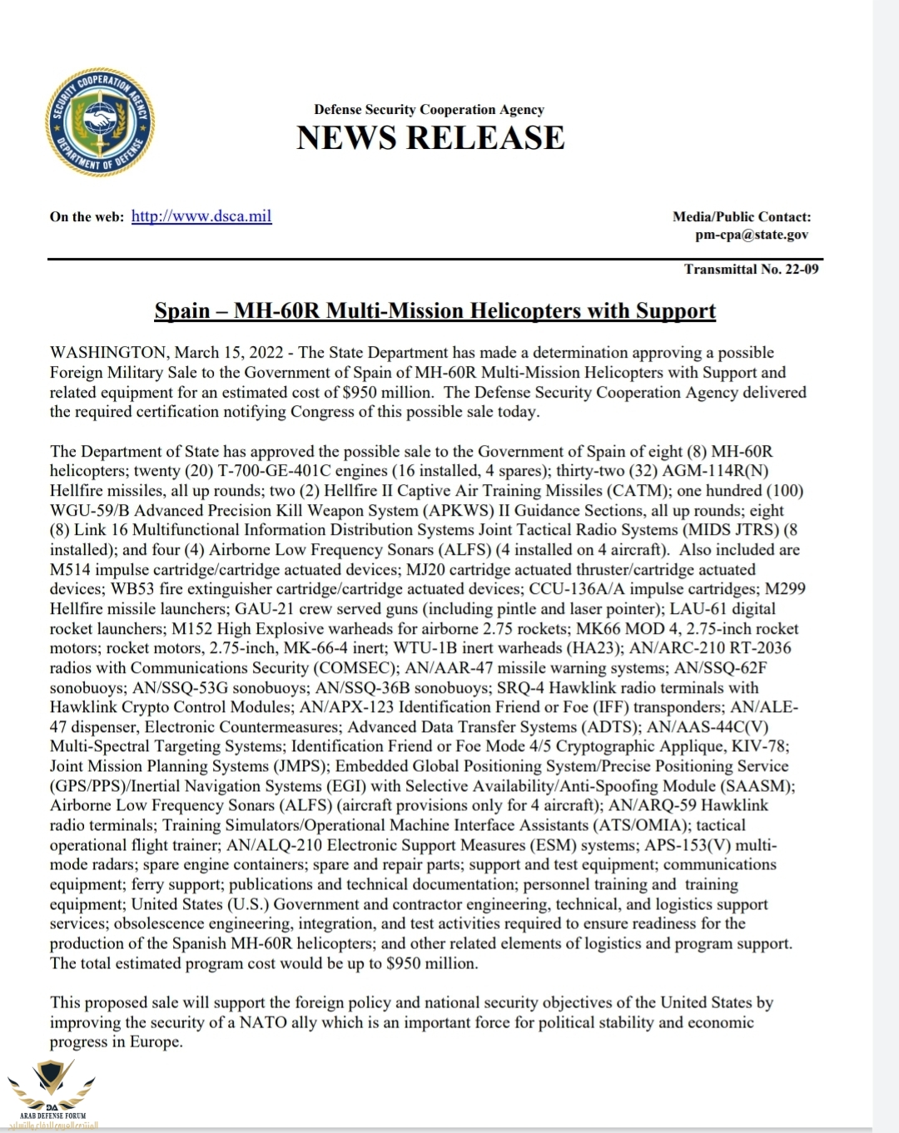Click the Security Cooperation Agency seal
[x=99, y=123]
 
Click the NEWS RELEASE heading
[x=430, y=138]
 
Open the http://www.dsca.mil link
[x=201, y=216]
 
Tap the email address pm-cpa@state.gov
[x=752, y=235]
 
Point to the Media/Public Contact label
[x=742, y=216]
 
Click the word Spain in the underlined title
[x=182, y=311]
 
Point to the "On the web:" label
[x=87, y=217]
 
